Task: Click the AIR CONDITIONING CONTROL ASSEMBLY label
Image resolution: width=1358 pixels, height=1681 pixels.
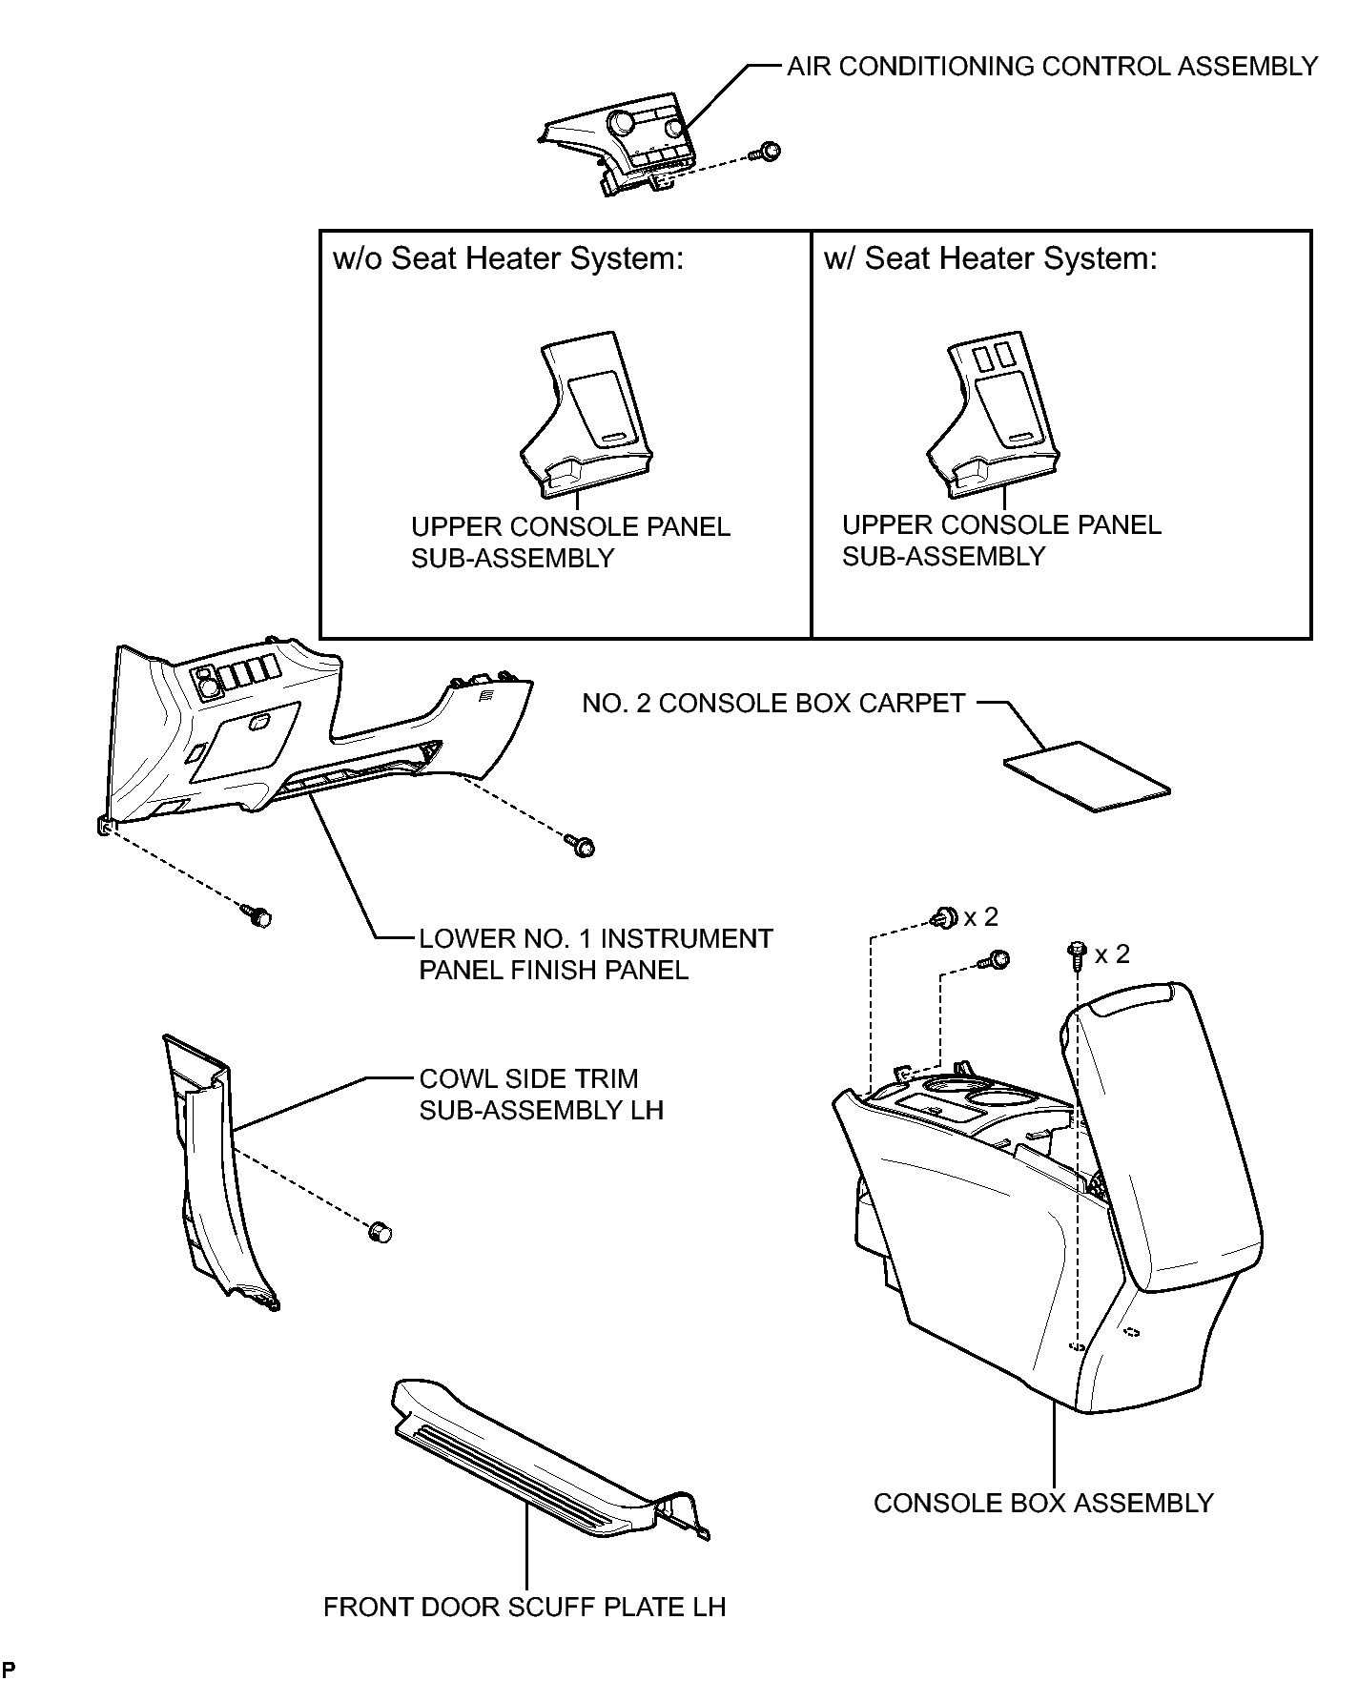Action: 1052,66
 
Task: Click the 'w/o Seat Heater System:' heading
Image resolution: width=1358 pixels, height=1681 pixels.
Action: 508,258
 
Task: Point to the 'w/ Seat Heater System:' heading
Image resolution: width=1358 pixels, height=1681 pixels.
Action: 990,258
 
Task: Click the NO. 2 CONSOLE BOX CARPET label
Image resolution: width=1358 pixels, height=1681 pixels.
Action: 773,703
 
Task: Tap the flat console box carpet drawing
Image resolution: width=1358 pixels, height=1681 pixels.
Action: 1086,776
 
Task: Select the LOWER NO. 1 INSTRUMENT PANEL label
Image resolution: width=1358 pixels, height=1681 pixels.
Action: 596,953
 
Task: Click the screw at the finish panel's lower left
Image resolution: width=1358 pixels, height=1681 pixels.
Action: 257,915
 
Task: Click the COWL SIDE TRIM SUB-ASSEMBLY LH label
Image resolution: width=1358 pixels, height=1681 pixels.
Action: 542,1094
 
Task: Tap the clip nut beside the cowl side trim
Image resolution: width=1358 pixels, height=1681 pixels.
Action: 380,1231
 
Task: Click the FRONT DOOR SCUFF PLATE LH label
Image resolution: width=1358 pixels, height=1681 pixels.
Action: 525,1607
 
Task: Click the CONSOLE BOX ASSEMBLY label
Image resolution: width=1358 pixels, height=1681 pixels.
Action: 1043,1503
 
